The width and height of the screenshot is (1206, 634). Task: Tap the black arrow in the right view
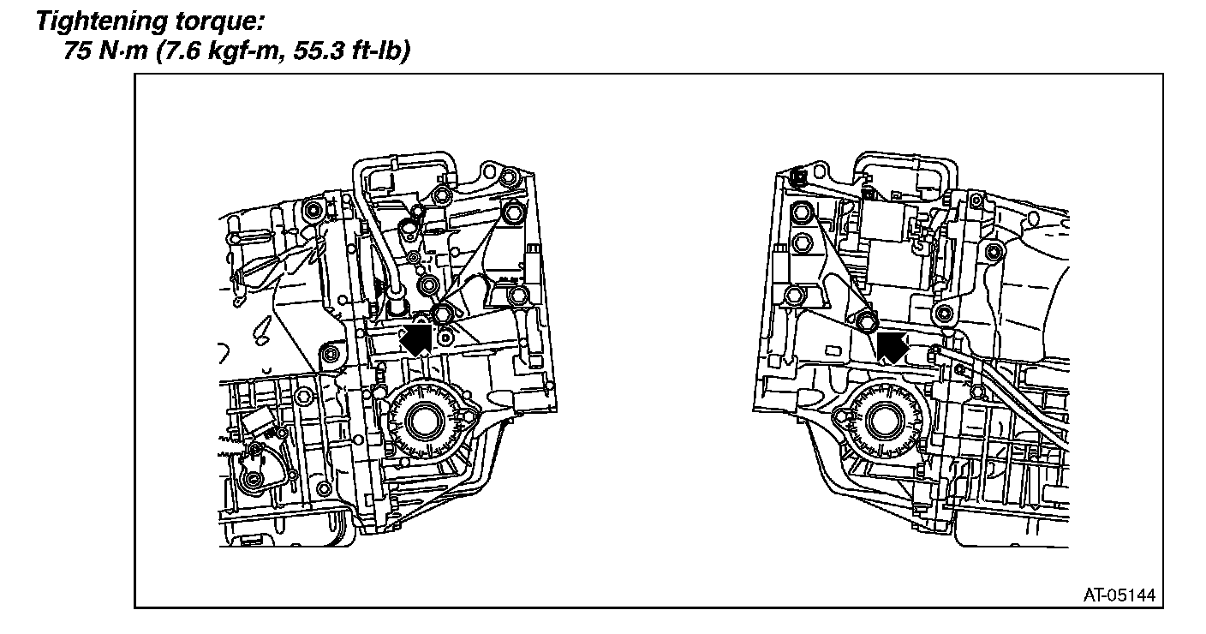click(x=891, y=345)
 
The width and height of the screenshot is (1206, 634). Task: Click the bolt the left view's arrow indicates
click(x=442, y=313)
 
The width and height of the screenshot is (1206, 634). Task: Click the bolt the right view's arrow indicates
click(x=865, y=322)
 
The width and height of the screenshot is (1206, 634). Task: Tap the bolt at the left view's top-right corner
click(x=510, y=178)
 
